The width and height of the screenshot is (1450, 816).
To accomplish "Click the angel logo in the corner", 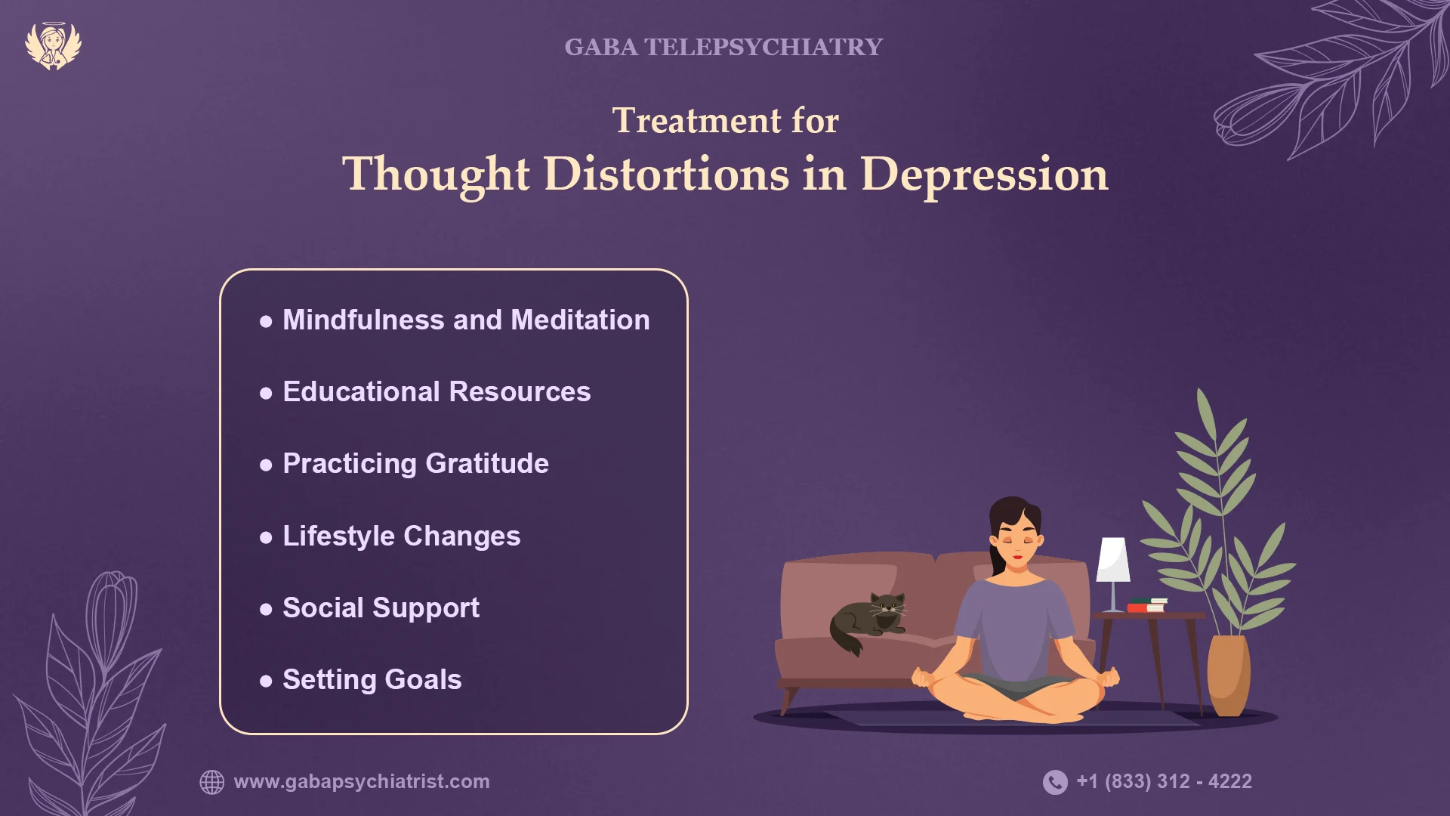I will point(53,45).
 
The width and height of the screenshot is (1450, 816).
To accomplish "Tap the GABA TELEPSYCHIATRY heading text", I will point(723,47).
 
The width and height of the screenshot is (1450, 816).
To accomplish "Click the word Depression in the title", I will point(984,175).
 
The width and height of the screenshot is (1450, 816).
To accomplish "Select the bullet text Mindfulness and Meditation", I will point(466,320).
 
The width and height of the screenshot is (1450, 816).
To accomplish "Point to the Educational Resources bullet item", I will point(437,392).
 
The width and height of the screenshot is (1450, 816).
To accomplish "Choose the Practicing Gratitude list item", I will point(415,464).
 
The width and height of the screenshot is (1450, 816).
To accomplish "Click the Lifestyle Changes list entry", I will point(401,536).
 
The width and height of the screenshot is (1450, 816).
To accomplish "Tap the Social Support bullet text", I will point(381,608).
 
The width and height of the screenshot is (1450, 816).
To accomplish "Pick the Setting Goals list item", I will point(372,680).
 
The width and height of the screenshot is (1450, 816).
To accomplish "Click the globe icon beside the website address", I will point(212,782).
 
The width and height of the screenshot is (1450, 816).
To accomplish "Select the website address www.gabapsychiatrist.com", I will point(362,781).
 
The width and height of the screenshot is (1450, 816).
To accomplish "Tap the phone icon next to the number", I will point(1055,782).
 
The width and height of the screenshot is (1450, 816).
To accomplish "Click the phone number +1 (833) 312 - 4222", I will point(1164,781).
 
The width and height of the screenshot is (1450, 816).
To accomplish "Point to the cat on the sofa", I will point(868,621).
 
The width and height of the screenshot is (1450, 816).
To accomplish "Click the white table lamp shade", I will point(1113,560).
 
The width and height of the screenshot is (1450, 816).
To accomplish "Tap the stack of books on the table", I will point(1147,605).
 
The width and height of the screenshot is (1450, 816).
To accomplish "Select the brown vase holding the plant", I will point(1228,675).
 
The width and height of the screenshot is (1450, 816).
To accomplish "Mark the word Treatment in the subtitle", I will point(696,121).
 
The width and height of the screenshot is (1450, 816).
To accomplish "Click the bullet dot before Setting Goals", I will point(266,681).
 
